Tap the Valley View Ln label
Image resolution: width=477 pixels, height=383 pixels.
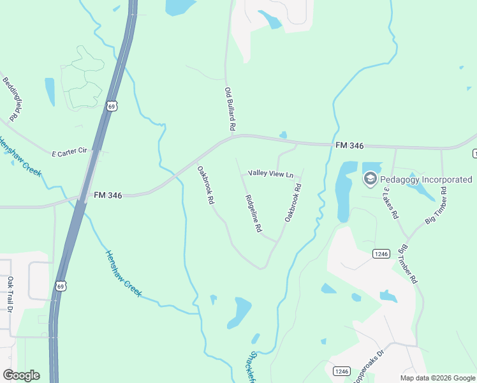coord(271,174)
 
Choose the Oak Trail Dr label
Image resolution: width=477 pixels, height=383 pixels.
coord(10,294)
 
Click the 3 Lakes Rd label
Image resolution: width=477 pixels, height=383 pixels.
coord(390,203)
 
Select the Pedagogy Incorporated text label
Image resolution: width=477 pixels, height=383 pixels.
coord(426,180)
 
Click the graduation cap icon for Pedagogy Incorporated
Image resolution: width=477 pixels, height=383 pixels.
coord(370,179)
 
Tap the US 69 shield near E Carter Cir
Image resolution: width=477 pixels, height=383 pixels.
coord(112,107)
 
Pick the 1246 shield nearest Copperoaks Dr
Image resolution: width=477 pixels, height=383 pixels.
coord(342,371)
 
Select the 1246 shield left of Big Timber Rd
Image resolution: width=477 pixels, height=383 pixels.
coord(381,254)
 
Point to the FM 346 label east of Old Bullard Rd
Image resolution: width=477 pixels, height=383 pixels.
coord(349,146)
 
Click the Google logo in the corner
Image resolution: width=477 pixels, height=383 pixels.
coord(21,375)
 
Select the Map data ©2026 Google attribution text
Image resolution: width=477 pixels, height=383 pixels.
coord(437,378)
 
